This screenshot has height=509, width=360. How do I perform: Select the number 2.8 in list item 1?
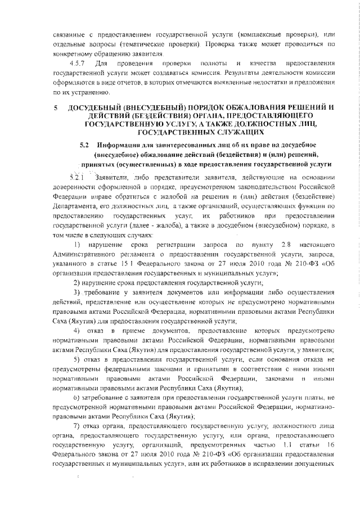point(285,246)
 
